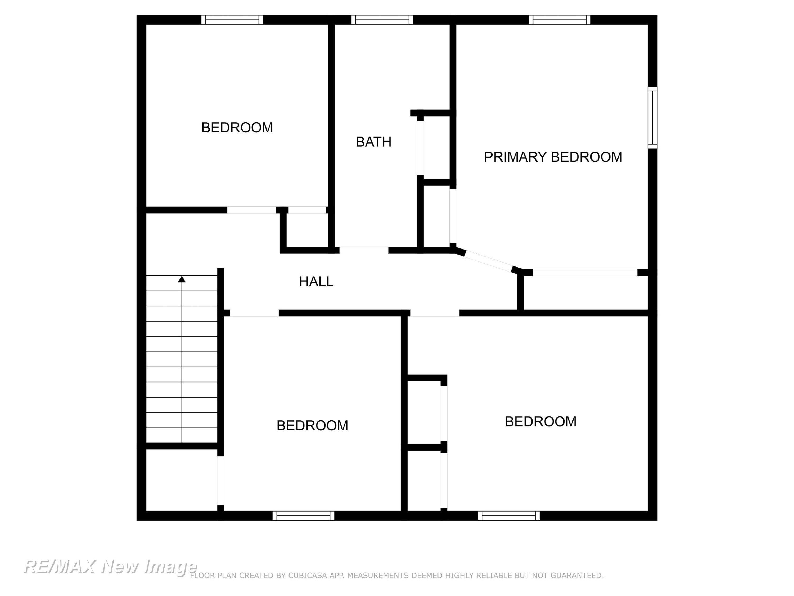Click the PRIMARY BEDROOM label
pyautogui.click(x=553, y=157)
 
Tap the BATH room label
pyautogui.click(x=373, y=142)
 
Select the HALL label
pyautogui.click(x=316, y=282)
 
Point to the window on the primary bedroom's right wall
pyautogui.click(x=653, y=117)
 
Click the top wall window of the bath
pyautogui.click(x=382, y=20)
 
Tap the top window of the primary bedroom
pyautogui.click(x=560, y=20)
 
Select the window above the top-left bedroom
pyautogui.click(x=232, y=20)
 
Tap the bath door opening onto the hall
pyautogui.click(x=364, y=250)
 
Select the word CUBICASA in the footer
pyautogui.click(x=308, y=576)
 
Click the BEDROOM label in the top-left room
pyautogui.click(x=237, y=127)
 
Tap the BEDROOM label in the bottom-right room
pyautogui.click(x=540, y=421)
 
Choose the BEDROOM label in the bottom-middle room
pyautogui.click(x=312, y=425)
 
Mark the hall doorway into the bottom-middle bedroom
pyautogui.click(x=254, y=313)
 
